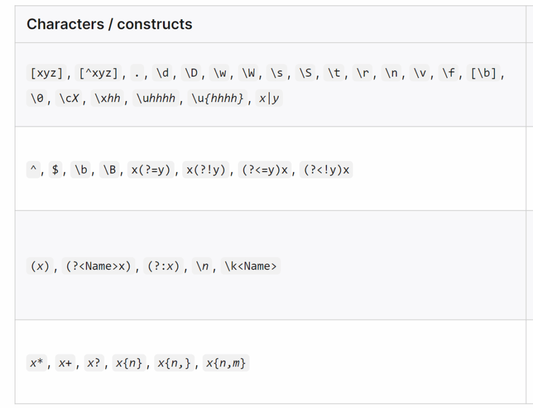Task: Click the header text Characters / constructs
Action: [x=109, y=24]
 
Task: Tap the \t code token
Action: [x=334, y=73]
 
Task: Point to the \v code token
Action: [x=419, y=73]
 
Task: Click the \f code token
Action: [x=447, y=73]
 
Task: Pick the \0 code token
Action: [x=37, y=98]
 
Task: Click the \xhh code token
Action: [x=107, y=98]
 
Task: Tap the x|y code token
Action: [x=269, y=98]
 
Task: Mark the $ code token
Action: [x=55, y=170]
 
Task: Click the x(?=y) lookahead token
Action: [x=150, y=170]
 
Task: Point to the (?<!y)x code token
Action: [x=326, y=170]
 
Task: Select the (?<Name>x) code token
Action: [x=98, y=266]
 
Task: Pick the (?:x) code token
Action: [x=163, y=266]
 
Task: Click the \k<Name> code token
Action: [x=251, y=266]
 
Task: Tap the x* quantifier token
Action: [x=36, y=363]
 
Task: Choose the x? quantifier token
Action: [x=94, y=363]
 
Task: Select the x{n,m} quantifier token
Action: [x=226, y=363]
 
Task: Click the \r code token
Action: [x=362, y=73]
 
